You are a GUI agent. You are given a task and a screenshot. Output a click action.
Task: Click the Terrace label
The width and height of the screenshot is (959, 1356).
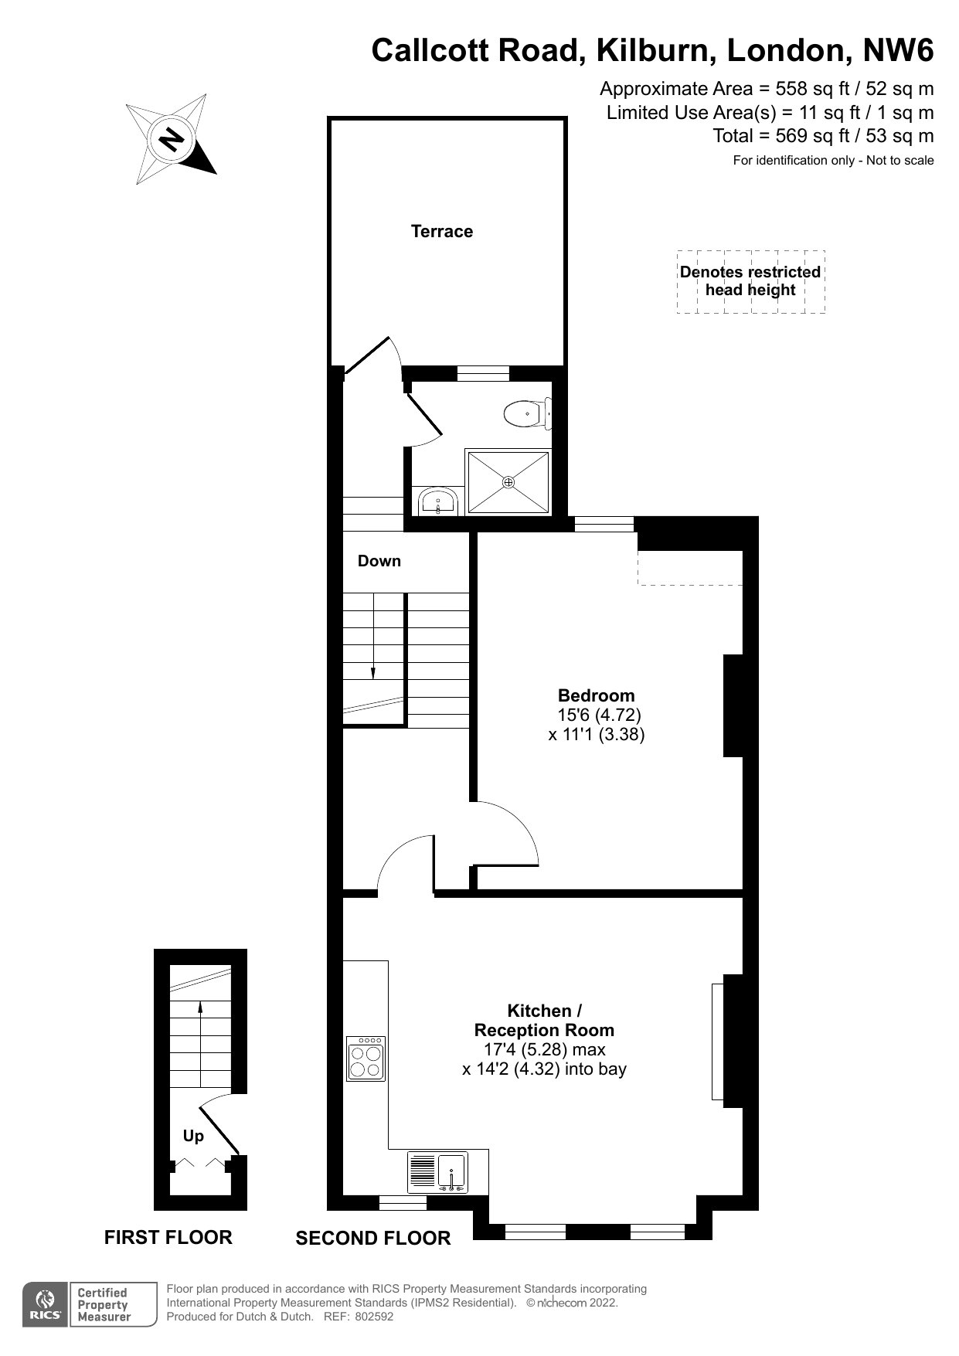(441, 231)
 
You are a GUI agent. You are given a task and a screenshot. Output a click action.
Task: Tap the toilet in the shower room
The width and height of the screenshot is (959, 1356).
(528, 413)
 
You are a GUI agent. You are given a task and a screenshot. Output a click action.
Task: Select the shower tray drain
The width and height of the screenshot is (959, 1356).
(508, 482)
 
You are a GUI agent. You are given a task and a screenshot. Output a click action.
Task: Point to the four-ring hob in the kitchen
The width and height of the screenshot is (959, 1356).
(366, 1058)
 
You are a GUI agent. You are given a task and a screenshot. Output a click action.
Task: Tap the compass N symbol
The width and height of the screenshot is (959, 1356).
(172, 140)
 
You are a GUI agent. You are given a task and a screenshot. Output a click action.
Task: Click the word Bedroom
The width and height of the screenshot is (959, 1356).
(597, 695)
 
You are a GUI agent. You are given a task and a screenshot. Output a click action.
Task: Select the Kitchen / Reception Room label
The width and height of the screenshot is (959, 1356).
(544, 1020)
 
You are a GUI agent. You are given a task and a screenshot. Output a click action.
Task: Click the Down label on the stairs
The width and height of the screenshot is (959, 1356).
(379, 561)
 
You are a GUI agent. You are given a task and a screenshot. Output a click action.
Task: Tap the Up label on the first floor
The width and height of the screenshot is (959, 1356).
(193, 1136)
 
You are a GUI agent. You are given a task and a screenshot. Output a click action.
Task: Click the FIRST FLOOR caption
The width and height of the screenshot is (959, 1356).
(168, 1237)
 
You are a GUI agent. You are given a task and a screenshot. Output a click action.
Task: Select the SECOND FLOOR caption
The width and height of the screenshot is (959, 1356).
(373, 1238)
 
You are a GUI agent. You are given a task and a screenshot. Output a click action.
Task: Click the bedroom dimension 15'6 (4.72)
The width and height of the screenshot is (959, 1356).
(600, 715)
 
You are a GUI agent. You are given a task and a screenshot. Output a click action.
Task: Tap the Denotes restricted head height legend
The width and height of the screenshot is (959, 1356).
(750, 281)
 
